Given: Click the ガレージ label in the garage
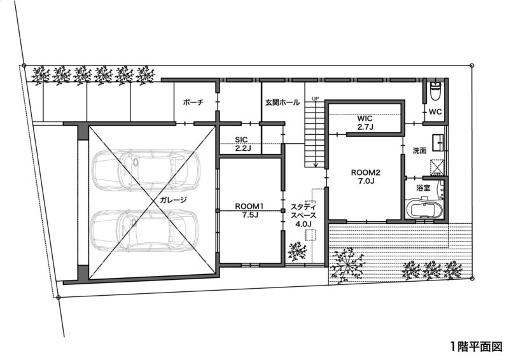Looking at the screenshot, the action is pyautogui.click(x=173, y=200).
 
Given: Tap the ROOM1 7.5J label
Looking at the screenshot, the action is pyautogui.click(x=249, y=210).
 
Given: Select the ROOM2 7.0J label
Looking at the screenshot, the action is pyautogui.click(x=366, y=177).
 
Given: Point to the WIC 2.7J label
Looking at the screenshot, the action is pyautogui.click(x=365, y=123).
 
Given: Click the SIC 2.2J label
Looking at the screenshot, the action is pyautogui.click(x=241, y=144).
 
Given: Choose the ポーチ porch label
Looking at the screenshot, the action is pyautogui.click(x=193, y=102).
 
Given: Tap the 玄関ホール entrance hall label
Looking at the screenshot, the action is pyautogui.click(x=282, y=102).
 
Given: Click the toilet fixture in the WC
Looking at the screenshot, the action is pyautogui.click(x=435, y=90).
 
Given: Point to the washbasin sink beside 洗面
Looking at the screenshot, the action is pyautogui.click(x=438, y=142).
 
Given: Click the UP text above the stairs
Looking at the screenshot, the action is pyautogui.click(x=315, y=98).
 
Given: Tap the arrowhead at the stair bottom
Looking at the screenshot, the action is pyautogui.click(x=315, y=165).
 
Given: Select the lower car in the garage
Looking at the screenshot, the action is pyautogui.click(x=145, y=230).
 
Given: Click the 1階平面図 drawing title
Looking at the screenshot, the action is pyautogui.click(x=476, y=347).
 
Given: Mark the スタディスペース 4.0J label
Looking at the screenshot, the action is pyautogui.click(x=303, y=215).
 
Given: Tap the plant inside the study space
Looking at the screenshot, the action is pyautogui.click(x=297, y=251).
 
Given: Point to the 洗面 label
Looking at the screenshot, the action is pyautogui.click(x=419, y=150).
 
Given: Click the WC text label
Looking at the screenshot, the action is pyautogui.click(x=435, y=112).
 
